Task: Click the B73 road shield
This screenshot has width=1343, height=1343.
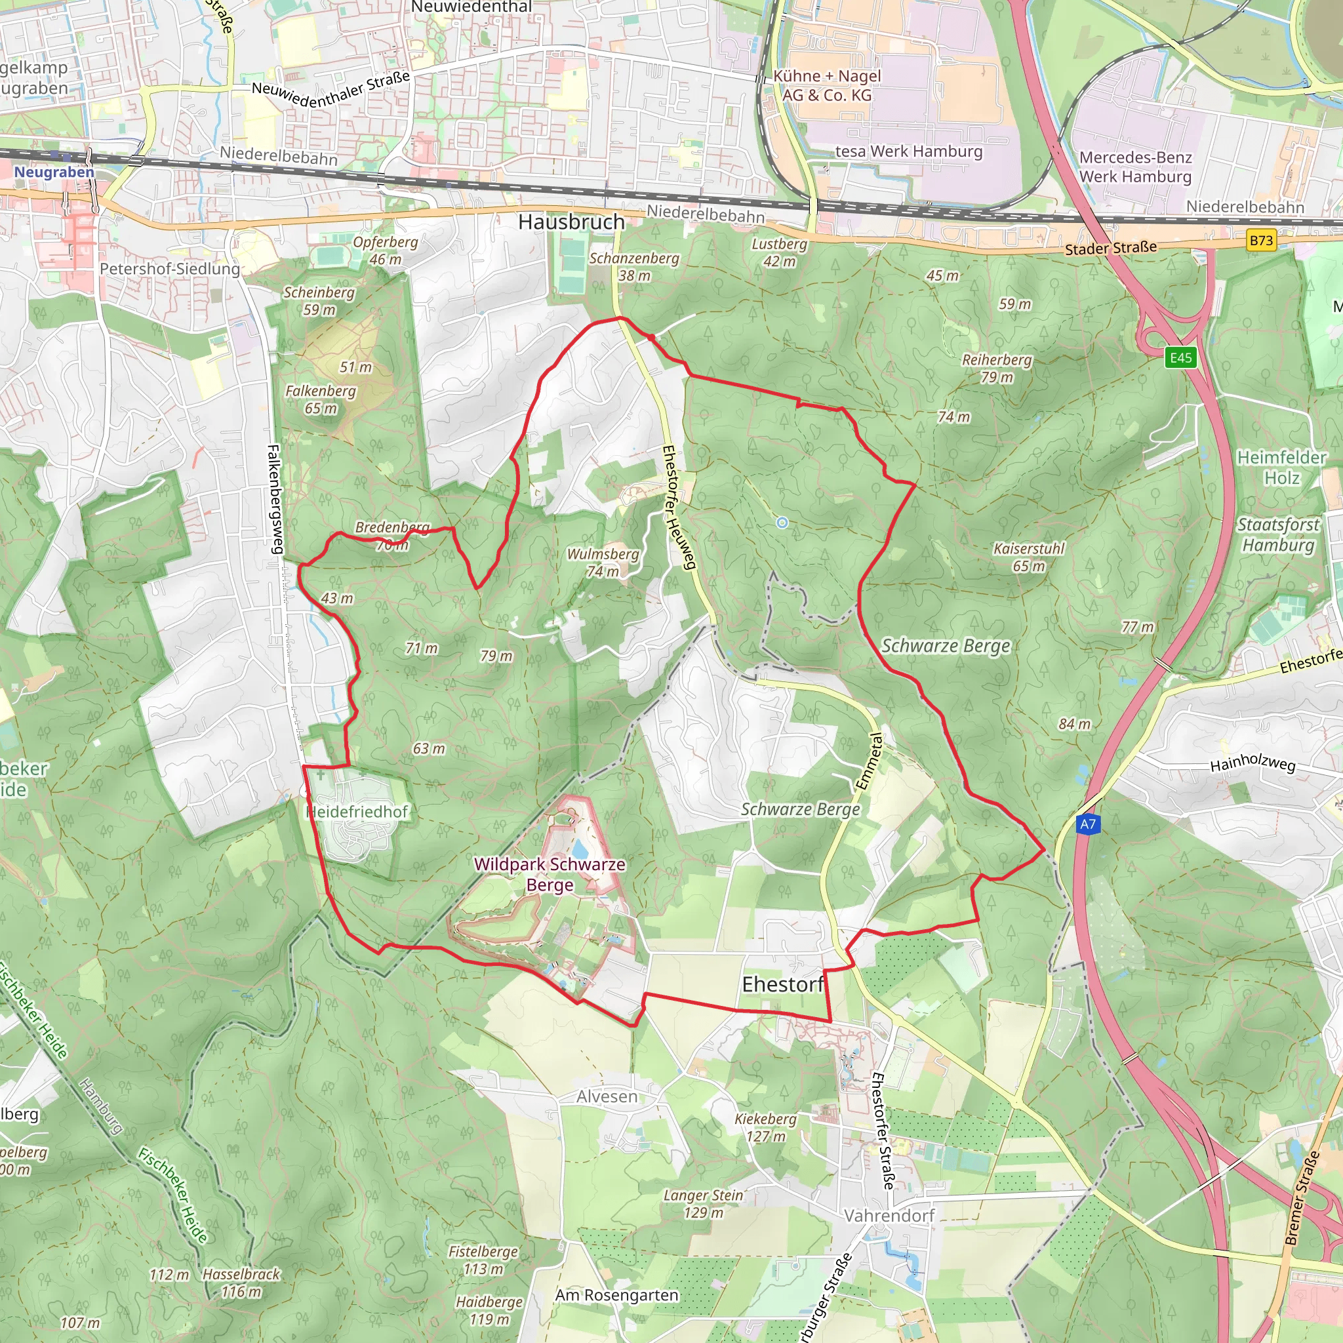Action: pos(1261,241)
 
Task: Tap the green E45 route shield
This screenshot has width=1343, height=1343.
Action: pos(1180,357)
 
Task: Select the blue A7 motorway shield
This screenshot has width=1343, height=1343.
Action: pos(1087,824)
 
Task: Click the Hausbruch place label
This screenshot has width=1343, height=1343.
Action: pos(571,222)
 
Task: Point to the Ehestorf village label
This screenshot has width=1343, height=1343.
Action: pos(783,984)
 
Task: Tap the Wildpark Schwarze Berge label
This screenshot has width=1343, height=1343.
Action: pos(549,875)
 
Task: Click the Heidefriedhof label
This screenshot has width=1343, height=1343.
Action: pos(357,811)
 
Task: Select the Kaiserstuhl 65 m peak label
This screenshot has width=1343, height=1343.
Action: pos(1029,557)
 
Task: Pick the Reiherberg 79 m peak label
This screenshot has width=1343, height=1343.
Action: pos(997,369)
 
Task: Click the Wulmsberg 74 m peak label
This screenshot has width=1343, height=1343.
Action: pos(603,563)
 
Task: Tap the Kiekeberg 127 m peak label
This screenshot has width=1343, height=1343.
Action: pos(765,1127)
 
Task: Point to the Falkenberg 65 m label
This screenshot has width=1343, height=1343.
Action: pos(321,399)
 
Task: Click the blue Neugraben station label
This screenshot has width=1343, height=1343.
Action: pos(54,172)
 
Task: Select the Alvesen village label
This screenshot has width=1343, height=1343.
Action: pos(606,1097)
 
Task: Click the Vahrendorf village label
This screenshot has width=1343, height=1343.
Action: pos(889,1215)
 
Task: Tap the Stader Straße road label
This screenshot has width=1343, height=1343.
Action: pos(1111,248)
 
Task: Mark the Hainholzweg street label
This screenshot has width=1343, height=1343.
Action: pos(1253,763)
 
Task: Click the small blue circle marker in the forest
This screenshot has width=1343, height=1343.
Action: pos(782,523)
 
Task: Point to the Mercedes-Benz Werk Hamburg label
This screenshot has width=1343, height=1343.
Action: pos(1135,167)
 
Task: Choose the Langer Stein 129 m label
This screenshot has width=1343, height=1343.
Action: pos(703,1204)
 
